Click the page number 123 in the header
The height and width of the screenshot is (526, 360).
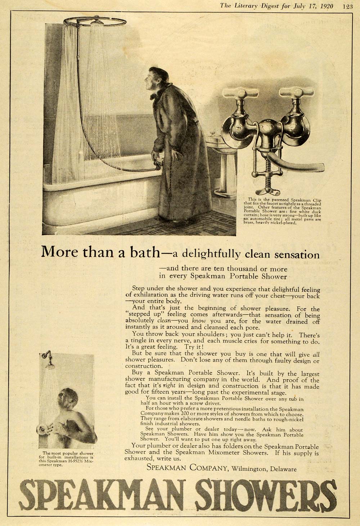pos(348,6)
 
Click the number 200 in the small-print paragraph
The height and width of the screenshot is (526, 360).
pos(188,414)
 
